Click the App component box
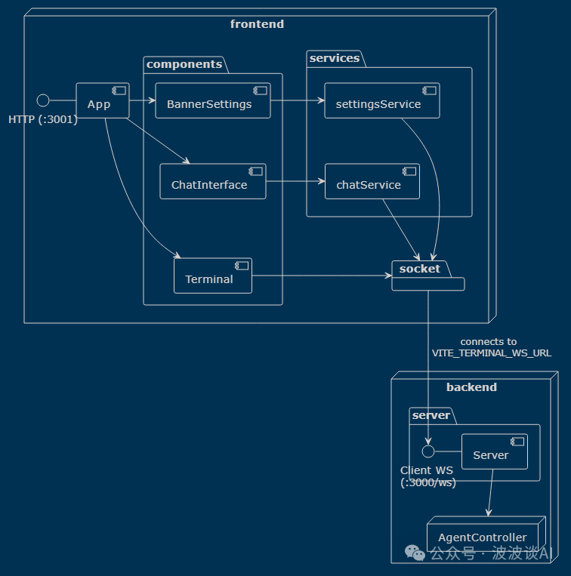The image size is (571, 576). pyautogui.click(x=103, y=100)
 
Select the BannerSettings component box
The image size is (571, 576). pyautogui.click(x=213, y=100)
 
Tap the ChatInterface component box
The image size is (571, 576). pyautogui.click(x=213, y=181)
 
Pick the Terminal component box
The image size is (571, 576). pyautogui.click(x=213, y=276)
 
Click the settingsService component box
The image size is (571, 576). pyautogui.click(x=381, y=100)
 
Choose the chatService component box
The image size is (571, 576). pyautogui.click(x=372, y=181)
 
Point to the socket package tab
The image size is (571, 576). pyautogui.click(x=421, y=269)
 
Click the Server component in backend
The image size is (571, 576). pyautogui.click(x=495, y=451)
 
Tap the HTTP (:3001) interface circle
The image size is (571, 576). pyautogui.click(x=43, y=100)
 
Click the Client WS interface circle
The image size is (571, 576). pyautogui.click(x=428, y=451)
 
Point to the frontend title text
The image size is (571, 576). pyautogui.click(x=257, y=24)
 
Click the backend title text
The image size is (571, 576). pyautogui.click(x=471, y=387)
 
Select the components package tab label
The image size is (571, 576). pyautogui.click(x=184, y=64)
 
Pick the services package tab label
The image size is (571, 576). pyautogui.click(x=335, y=58)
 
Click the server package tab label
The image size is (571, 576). pyautogui.click(x=431, y=415)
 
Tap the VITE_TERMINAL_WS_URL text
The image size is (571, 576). pyautogui.click(x=492, y=353)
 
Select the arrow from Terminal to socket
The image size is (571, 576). pyautogui.click(x=322, y=276)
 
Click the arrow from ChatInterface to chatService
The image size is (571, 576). pyautogui.click(x=295, y=181)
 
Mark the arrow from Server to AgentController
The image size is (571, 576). pyautogui.click(x=490, y=493)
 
